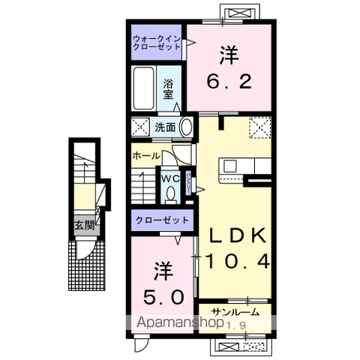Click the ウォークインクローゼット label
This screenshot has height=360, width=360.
[154, 41]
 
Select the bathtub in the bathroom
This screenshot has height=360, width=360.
[143, 89]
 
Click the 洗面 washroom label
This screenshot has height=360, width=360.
[165, 127]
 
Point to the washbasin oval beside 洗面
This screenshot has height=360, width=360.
[186, 127]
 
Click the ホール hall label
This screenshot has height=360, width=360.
[145, 156]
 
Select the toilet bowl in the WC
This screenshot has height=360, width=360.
[172, 193]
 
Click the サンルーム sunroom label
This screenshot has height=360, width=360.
[235, 312]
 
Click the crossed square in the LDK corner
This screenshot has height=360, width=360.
[259, 128]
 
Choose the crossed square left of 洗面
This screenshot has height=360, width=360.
[140, 127]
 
